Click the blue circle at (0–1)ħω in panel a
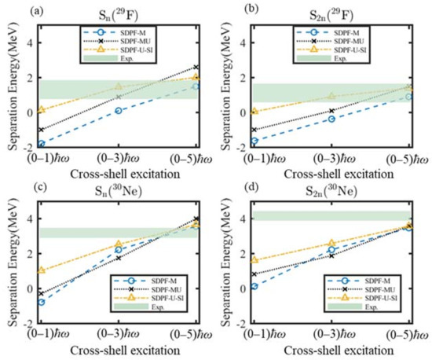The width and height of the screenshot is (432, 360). (x=41, y=144)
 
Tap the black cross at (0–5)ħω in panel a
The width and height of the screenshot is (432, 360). (x=196, y=68)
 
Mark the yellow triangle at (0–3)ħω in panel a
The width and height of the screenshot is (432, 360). (x=119, y=86)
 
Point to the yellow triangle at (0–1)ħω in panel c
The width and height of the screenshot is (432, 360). (x=41, y=270)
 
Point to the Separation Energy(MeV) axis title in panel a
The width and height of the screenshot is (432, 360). (x=11, y=86)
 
